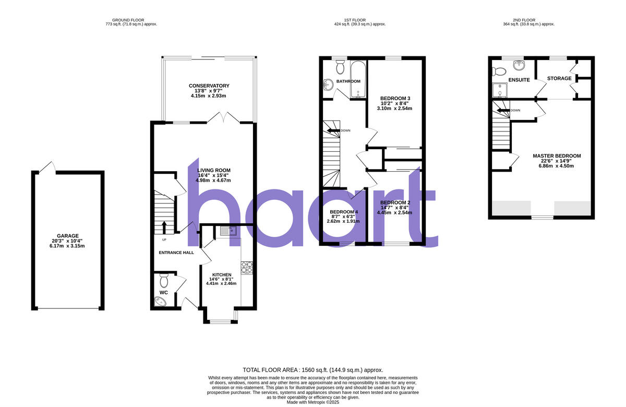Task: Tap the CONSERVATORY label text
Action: click(x=209, y=86)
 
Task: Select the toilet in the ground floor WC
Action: click(x=164, y=282)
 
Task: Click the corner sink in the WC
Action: click(x=160, y=301)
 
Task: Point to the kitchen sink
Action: click(x=228, y=231)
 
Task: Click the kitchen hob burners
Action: click(x=246, y=268)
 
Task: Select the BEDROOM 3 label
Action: click(x=395, y=99)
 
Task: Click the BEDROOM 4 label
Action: click(x=344, y=212)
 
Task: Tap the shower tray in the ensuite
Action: click(x=500, y=91)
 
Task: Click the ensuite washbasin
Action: click(x=519, y=65)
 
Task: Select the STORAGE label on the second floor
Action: click(x=559, y=79)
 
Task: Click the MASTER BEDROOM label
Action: click(x=557, y=156)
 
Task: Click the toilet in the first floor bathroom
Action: click(x=341, y=66)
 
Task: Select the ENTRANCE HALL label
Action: click(x=176, y=253)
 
